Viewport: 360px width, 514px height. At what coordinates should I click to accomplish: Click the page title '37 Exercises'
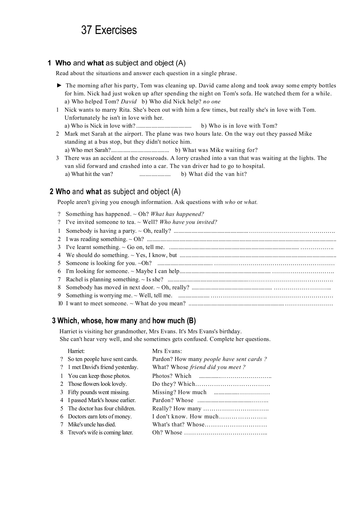(x=109, y=30)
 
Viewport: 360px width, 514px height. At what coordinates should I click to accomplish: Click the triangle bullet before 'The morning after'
(x=59, y=85)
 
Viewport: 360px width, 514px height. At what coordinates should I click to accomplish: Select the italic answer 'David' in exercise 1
(x=129, y=102)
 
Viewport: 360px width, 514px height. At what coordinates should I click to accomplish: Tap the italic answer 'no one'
(x=212, y=102)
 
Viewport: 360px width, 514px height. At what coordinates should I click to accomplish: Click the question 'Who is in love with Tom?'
(x=239, y=126)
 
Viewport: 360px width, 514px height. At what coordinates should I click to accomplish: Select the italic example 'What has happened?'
(x=177, y=214)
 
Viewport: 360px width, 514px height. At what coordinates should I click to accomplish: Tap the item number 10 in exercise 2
(x=60, y=304)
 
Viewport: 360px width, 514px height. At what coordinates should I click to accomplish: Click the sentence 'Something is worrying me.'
(x=99, y=296)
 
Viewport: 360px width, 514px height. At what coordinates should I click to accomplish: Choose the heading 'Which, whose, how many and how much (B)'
(x=127, y=321)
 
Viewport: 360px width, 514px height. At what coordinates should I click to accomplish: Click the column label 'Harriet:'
(x=76, y=351)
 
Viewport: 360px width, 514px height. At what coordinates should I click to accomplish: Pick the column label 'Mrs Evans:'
(x=167, y=351)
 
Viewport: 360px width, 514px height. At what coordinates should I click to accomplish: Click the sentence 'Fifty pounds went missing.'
(x=99, y=392)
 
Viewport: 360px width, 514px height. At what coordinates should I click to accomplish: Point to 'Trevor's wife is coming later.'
(x=100, y=433)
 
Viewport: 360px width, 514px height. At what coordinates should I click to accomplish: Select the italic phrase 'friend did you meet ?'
(x=218, y=367)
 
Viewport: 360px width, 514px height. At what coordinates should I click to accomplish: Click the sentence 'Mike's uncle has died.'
(x=92, y=425)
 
